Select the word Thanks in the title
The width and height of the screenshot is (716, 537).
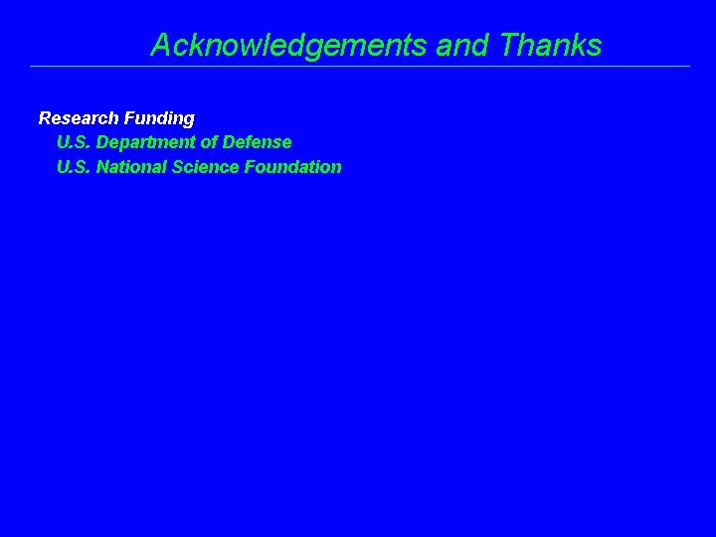coord(552,46)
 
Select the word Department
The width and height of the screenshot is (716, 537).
coord(147,143)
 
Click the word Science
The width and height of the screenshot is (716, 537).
coord(202,167)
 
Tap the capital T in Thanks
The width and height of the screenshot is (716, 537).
coord(510,46)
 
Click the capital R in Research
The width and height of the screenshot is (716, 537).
coord(45,118)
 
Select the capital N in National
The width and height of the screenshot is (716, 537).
coord(102,167)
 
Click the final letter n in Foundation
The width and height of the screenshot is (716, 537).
coord(336,168)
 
